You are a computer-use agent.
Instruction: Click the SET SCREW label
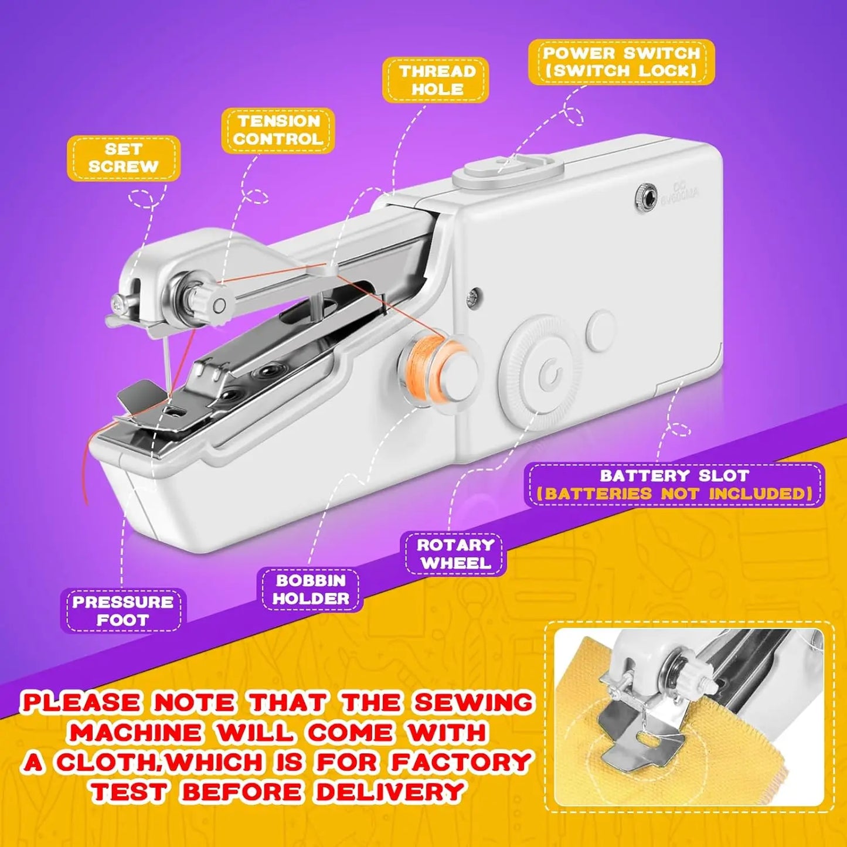click(123, 158)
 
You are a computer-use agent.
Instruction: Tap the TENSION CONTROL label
click(278, 130)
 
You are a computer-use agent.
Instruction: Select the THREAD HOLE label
click(436, 80)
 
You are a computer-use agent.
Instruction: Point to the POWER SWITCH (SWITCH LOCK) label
click(621, 62)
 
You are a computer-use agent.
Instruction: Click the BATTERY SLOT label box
click(674, 485)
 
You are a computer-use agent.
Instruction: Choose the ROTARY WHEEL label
click(455, 554)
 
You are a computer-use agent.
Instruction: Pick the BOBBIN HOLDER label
click(310, 590)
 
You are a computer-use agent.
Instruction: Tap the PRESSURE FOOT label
click(123, 611)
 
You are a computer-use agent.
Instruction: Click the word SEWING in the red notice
click(473, 702)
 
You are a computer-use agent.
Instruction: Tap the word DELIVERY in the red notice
click(390, 792)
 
